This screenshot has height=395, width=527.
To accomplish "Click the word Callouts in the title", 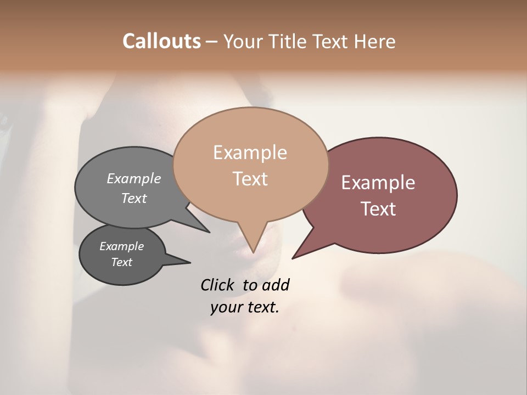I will [161, 41].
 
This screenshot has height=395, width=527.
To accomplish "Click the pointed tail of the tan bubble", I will [253, 244].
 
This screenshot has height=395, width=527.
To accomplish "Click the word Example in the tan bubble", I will [250, 153].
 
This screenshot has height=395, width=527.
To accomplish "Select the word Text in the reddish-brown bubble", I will [378, 208].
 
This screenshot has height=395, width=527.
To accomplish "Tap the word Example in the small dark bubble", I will [121, 246].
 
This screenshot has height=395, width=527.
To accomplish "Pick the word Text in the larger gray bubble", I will [134, 198].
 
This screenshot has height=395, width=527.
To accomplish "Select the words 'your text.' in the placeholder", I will [244, 307].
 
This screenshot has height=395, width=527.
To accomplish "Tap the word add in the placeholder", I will [275, 285].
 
